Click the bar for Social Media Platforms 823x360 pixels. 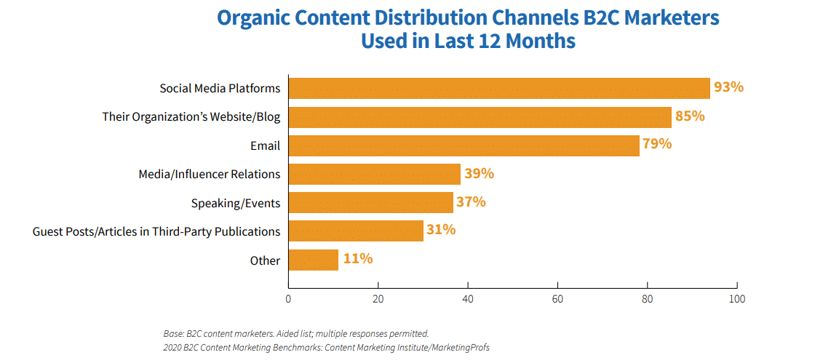499,88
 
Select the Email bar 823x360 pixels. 464,145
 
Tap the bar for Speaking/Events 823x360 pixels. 371,202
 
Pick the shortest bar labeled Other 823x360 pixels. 314,260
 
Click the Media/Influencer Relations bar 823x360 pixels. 375,174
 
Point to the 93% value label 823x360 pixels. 728,87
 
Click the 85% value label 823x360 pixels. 690,116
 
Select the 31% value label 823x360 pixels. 441,231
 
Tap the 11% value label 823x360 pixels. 357,259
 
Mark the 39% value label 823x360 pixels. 479,174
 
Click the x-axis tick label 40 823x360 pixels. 468,298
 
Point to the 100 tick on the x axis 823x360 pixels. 737,298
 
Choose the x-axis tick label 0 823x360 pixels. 289,298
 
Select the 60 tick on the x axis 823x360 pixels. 557,298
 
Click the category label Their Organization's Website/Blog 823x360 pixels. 191,117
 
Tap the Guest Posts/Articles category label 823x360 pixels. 156,231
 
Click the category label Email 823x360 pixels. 265,145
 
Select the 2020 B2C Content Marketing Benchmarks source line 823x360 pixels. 326,348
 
